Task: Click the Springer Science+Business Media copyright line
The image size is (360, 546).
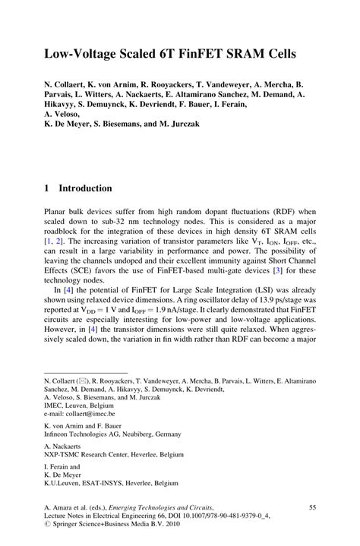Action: [x=114, y=524]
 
